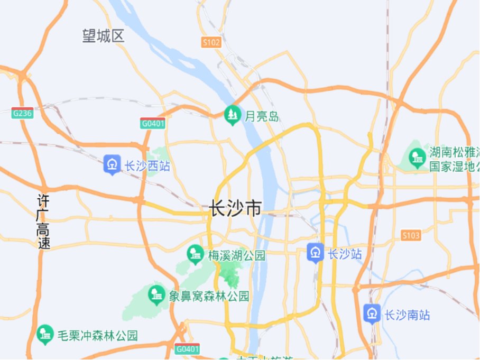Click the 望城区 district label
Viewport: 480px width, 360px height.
point(103,36)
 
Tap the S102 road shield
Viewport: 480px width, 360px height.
point(211,43)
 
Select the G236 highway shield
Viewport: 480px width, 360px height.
point(23,113)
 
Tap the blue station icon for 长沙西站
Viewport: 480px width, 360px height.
point(112,165)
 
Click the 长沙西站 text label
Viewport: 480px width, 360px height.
point(147,166)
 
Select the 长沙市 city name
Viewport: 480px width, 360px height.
point(235,209)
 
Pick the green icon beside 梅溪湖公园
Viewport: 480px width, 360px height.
point(196,255)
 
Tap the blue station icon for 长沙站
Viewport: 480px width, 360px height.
point(316,253)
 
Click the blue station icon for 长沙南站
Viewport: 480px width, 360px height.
point(372,313)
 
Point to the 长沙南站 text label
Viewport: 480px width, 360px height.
point(407,315)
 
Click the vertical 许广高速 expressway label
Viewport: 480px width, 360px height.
point(43,222)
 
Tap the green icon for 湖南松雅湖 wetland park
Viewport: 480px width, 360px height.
point(418,157)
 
